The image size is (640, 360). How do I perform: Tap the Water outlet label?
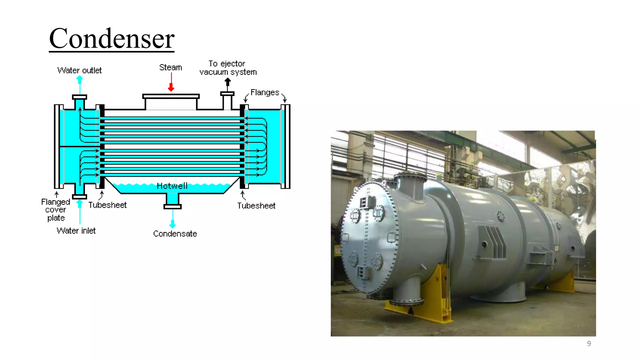point(79,70)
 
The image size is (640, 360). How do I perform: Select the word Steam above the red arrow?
point(170,67)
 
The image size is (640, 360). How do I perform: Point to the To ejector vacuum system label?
point(228,68)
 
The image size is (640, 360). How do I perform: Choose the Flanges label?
point(265,92)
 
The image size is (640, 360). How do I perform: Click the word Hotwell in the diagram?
point(172,186)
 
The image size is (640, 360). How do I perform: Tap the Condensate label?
point(175,234)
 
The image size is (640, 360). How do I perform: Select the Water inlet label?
point(76,231)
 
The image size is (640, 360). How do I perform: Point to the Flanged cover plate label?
point(56,210)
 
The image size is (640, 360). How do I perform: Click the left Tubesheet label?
point(107,205)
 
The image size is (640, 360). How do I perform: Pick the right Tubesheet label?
point(256,206)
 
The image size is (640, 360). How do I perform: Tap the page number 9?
point(589,343)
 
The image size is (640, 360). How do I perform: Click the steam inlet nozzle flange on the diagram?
point(171,96)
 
